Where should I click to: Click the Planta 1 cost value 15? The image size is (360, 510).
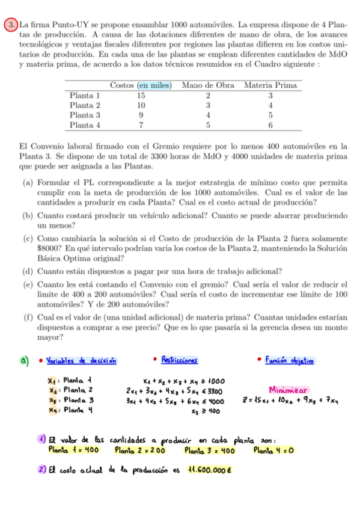141,95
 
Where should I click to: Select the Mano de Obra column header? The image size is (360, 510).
208,85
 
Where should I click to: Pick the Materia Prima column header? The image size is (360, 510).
270,85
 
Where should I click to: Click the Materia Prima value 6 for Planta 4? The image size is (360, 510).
270,125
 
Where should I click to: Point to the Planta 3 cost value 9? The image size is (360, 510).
141,115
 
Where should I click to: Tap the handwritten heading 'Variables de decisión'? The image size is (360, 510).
82,360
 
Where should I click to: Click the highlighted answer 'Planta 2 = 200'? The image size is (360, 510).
139,449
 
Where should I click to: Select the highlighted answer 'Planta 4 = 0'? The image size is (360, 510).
276,449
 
